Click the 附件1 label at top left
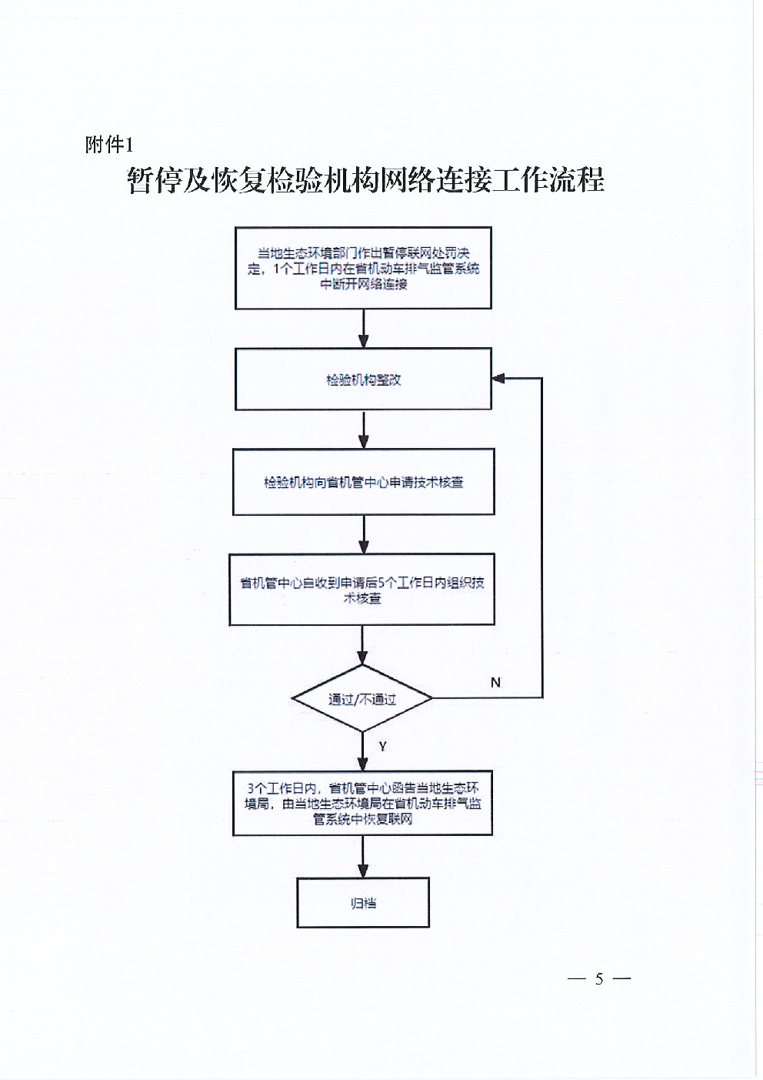(x=109, y=144)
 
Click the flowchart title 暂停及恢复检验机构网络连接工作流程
(x=365, y=180)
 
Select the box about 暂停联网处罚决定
(x=363, y=268)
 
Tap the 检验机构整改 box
(x=363, y=379)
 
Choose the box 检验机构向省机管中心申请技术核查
(x=364, y=482)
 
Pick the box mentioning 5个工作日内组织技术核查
(x=362, y=590)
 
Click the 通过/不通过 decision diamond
(x=362, y=698)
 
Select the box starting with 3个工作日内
(x=363, y=803)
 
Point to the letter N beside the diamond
(x=495, y=682)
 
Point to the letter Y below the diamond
(x=382, y=747)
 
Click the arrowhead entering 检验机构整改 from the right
(x=498, y=379)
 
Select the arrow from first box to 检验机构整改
(x=364, y=329)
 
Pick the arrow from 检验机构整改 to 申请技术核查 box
(x=364, y=430)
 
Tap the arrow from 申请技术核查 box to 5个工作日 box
(x=364, y=535)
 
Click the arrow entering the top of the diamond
(x=362, y=646)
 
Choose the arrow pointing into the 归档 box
(x=363, y=857)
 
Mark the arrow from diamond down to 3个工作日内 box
(x=363, y=751)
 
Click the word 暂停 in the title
(x=155, y=180)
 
